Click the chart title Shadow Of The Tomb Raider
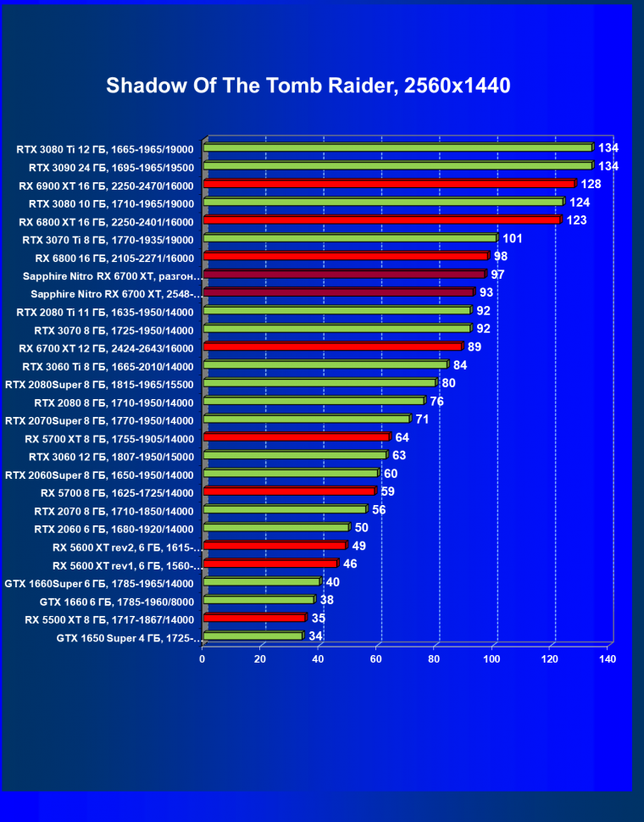[308, 86]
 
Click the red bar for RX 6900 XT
[389, 184]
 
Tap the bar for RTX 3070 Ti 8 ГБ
[350, 238]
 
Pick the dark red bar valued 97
[344, 275]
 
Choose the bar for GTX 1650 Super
[253, 636]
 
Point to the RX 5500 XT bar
[254, 618]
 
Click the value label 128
[591, 184]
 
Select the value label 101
[512, 238]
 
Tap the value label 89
[475, 347]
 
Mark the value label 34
[315, 636]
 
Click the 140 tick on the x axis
[607, 658]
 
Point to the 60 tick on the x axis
[376, 658]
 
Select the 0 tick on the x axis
[203, 658]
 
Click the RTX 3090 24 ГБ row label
[111, 167]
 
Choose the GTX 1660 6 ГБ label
[117, 601]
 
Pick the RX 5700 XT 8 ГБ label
[110, 438]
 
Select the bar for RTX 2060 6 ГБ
[276, 528]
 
